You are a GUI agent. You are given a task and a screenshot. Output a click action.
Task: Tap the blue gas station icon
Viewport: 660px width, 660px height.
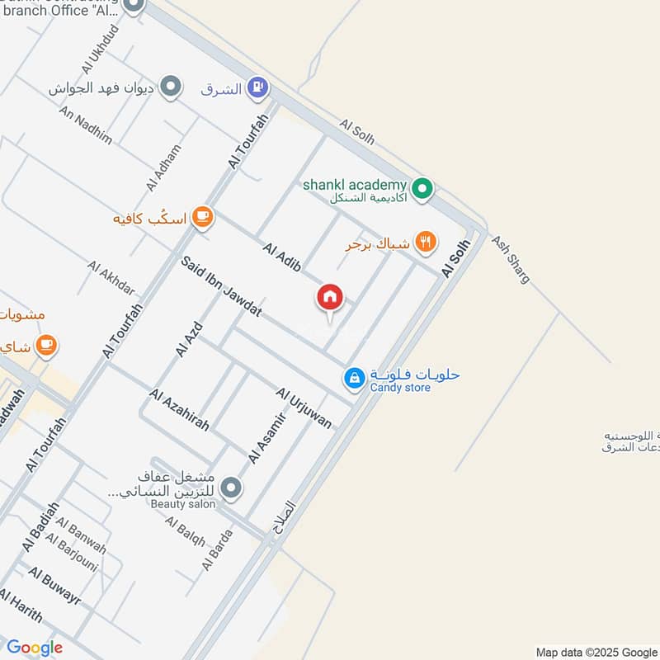259,87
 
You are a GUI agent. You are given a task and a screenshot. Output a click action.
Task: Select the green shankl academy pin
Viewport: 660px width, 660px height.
422,191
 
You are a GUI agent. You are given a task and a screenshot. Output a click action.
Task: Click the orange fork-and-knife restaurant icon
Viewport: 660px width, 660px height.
426,242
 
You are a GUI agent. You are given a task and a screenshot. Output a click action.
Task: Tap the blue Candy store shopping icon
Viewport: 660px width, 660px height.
354,378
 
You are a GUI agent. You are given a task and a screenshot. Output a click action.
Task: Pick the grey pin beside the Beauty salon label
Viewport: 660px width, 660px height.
232,488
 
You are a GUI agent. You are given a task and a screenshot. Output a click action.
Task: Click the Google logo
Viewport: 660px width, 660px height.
35,648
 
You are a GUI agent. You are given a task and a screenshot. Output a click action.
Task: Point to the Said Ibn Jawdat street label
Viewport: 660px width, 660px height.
221,286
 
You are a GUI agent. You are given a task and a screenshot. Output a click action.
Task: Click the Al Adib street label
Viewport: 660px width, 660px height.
281,256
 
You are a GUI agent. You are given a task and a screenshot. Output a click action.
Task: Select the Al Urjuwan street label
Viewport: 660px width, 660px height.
304,408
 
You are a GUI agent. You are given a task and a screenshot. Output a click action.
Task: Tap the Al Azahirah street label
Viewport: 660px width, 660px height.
179,409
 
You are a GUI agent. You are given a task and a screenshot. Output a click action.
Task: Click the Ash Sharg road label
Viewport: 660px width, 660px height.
511,259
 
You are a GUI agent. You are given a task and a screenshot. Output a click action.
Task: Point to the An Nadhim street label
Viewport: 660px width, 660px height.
85,125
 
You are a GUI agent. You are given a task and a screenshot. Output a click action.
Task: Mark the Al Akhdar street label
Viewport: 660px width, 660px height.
111,278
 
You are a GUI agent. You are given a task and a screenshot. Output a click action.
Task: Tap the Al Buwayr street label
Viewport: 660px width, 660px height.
54,585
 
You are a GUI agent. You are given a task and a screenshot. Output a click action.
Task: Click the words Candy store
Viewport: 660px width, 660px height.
400,388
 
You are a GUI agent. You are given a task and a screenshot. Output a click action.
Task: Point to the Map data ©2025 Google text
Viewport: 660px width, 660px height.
595,652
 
